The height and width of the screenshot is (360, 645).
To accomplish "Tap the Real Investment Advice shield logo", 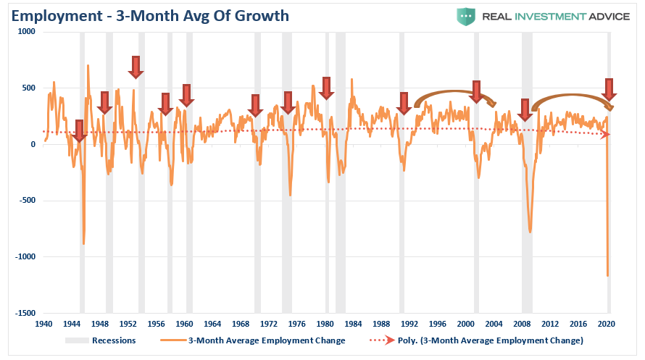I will (465, 16).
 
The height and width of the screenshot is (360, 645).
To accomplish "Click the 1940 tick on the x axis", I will (43, 324).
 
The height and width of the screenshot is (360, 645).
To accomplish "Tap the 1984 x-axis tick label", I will (353, 324).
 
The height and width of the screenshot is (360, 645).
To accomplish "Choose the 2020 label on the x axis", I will (606, 324).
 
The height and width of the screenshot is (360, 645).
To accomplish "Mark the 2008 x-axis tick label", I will (522, 324).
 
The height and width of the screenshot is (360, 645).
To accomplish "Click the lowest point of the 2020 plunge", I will (607, 275).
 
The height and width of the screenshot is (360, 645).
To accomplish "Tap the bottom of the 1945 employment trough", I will (83, 243).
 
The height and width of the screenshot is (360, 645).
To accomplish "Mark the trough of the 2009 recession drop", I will (530, 232).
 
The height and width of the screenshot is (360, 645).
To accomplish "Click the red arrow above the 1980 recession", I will (326, 88).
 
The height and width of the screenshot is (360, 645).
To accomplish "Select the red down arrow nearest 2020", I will (609, 89).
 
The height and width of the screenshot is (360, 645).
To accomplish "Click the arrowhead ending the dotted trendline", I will (606, 135).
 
